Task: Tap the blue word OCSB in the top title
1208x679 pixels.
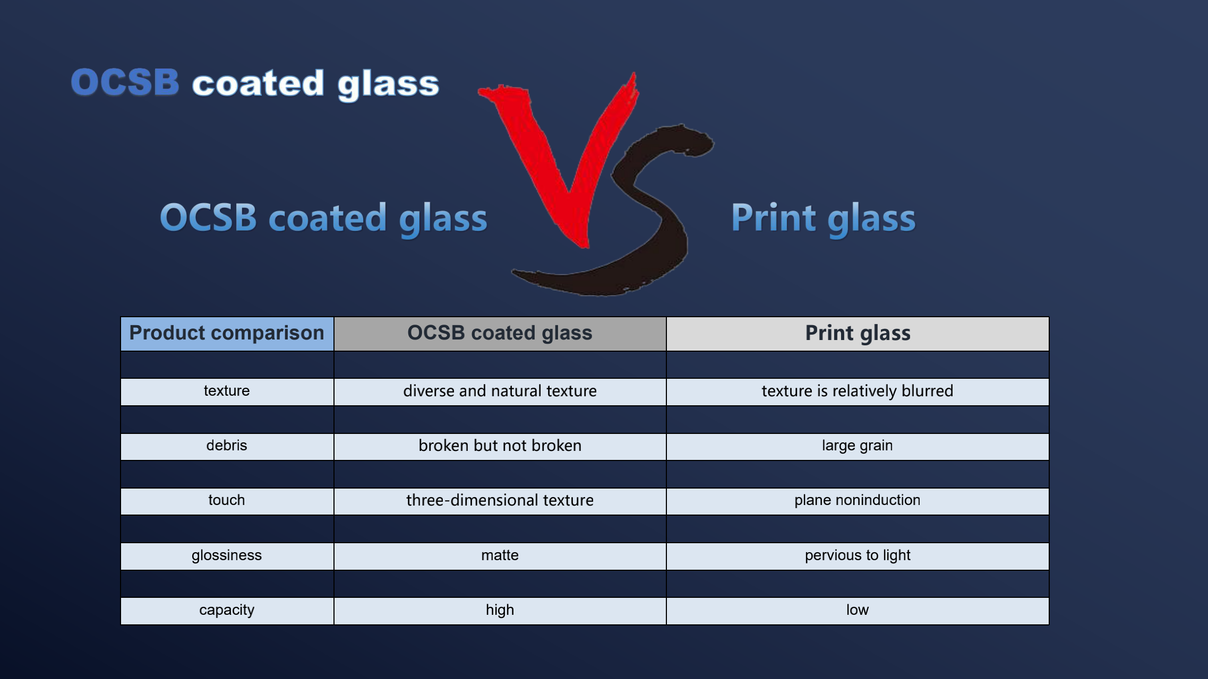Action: click(x=125, y=83)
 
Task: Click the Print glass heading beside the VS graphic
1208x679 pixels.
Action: click(x=824, y=218)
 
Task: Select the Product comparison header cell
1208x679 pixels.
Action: click(x=227, y=334)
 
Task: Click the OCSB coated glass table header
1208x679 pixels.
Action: click(x=500, y=334)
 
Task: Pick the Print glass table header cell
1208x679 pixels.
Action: click(x=858, y=334)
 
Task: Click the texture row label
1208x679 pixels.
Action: click(x=227, y=391)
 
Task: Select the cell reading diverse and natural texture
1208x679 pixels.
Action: click(x=500, y=391)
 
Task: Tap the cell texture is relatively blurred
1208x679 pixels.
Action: click(x=858, y=391)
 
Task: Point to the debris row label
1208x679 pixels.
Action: click(x=227, y=447)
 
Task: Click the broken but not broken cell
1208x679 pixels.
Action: click(x=500, y=447)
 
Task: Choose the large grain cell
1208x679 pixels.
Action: click(x=858, y=447)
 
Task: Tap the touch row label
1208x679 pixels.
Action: click(x=227, y=501)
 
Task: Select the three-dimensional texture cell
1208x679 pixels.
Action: click(x=500, y=501)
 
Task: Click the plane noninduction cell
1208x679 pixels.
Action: click(x=858, y=501)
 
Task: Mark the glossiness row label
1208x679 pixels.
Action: click(x=227, y=556)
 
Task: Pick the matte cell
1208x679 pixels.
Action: click(x=500, y=556)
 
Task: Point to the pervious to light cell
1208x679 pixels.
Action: click(x=858, y=556)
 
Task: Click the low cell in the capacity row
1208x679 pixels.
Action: click(x=858, y=611)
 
